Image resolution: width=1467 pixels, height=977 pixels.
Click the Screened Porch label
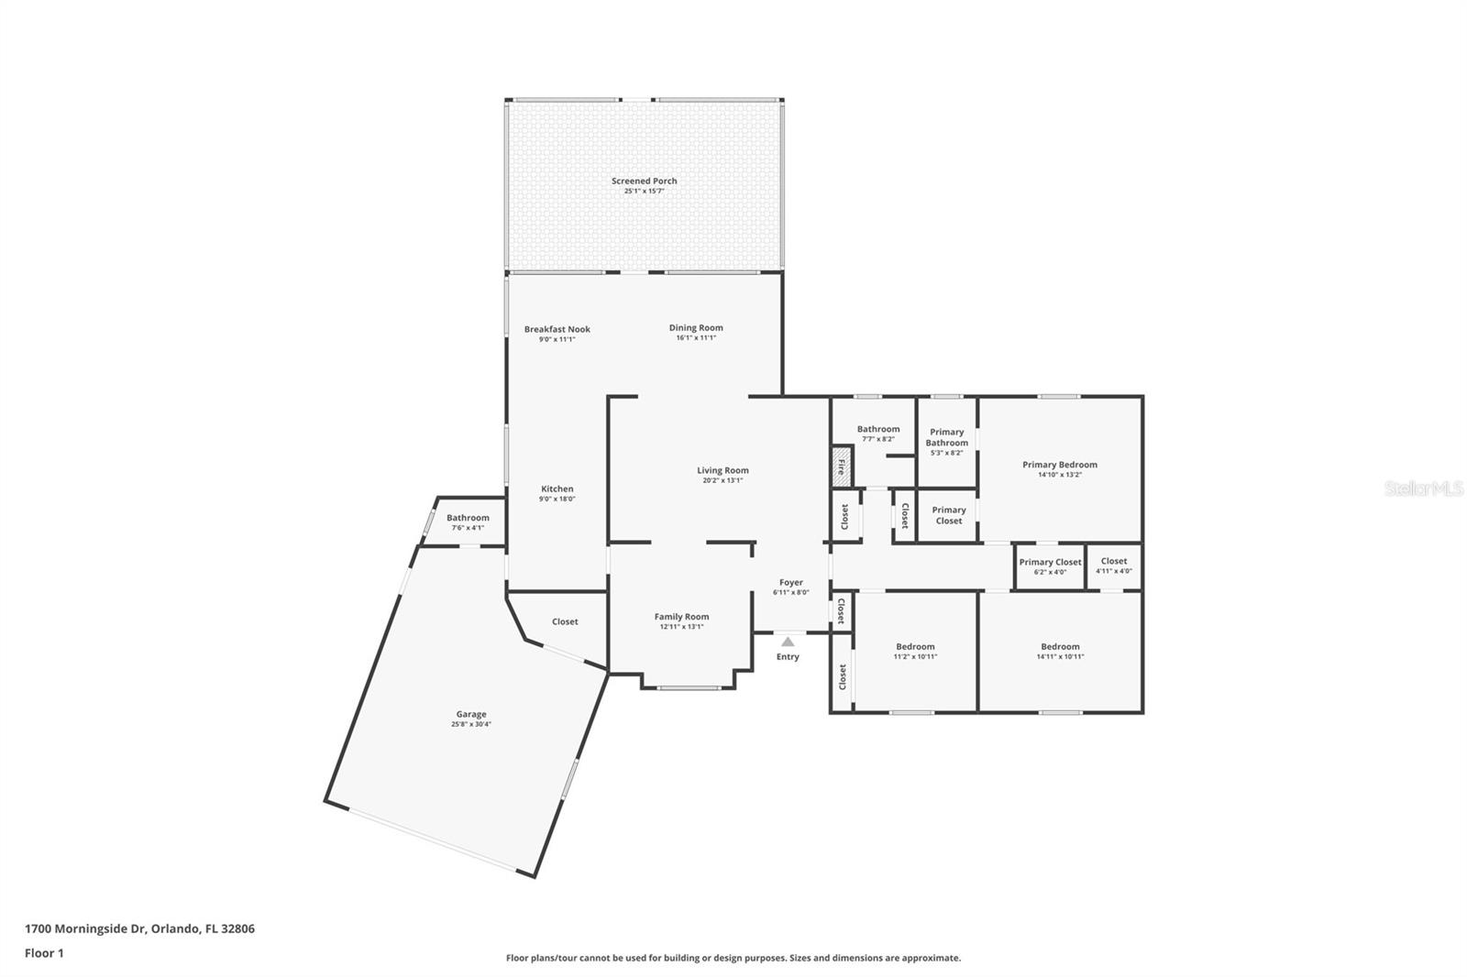(x=644, y=181)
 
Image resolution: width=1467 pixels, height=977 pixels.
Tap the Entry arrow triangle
(x=788, y=642)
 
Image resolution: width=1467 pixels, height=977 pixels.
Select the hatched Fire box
(x=841, y=467)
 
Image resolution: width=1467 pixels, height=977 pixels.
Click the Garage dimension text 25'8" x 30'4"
(x=471, y=724)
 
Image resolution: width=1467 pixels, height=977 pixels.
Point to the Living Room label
(x=722, y=470)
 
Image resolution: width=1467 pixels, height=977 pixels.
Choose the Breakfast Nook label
(x=557, y=329)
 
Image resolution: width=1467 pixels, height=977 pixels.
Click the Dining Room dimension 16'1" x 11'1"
(x=696, y=338)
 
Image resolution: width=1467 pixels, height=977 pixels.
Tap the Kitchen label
(x=557, y=488)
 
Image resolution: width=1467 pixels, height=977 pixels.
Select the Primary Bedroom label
(x=1059, y=465)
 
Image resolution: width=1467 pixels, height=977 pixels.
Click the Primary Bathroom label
(x=946, y=437)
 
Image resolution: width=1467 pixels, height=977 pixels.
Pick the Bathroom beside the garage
(x=468, y=518)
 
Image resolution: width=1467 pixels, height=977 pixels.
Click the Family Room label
(x=681, y=617)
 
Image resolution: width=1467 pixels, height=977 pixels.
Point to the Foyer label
(x=790, y=582)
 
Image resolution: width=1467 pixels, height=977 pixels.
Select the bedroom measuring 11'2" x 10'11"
(x=915, y=651)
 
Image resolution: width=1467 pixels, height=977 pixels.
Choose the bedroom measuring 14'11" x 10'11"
(x=1060, y=651)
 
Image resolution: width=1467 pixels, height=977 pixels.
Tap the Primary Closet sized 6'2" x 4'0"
(x=1050, y=566)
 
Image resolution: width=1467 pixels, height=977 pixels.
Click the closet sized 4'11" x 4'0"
(x=1113, y=565)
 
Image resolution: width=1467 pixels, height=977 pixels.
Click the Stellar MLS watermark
(x=1422, y=488)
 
